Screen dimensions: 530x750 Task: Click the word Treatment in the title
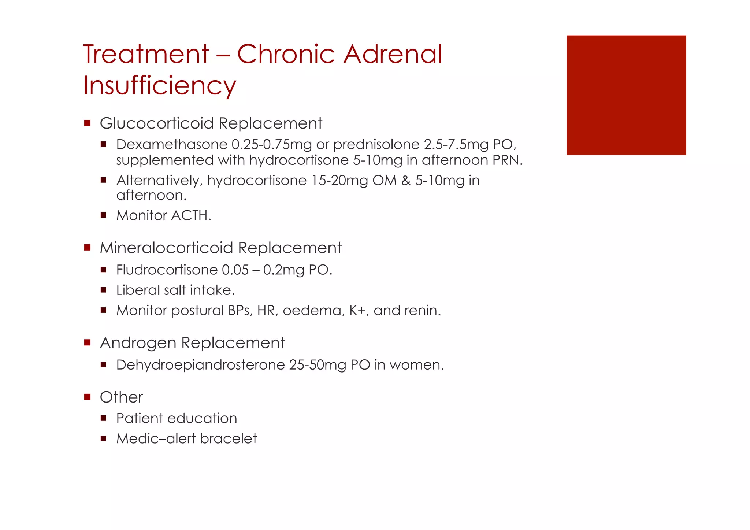146,54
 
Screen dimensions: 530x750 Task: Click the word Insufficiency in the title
160,86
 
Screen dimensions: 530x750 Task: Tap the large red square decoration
626,95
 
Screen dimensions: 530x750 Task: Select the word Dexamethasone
172,145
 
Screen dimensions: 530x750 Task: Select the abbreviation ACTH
191,216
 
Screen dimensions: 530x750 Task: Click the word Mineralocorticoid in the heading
167,248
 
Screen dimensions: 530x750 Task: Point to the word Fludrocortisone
167,270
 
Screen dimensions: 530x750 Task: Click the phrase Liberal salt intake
175,290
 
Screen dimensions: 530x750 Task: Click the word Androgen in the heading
138,343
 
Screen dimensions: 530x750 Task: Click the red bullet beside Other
87,397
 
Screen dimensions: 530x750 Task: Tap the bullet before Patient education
103,418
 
